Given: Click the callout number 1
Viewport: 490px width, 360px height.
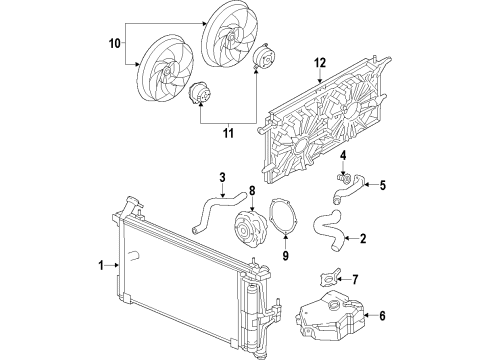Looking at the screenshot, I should (102, 265).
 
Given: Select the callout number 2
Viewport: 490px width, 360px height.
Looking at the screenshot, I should (363, 238).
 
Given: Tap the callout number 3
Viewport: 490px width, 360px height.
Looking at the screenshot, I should (221, 179).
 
